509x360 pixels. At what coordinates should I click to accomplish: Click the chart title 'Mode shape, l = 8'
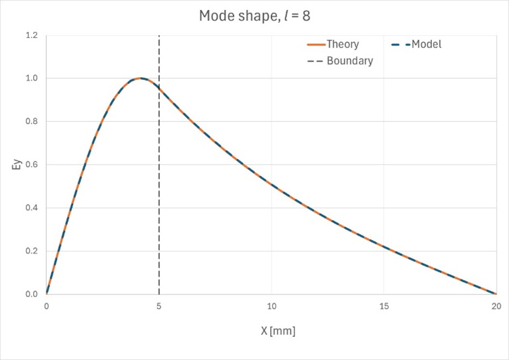(255, 16)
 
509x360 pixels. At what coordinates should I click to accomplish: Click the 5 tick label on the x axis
(159, 307)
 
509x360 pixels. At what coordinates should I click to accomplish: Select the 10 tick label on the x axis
(271, 307)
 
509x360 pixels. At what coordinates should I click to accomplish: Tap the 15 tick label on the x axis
(384, 307)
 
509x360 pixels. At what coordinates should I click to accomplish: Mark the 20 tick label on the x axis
(496, 307)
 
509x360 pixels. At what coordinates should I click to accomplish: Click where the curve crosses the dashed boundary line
(159, 87)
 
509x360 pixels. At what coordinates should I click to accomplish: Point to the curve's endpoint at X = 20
(496, 294)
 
